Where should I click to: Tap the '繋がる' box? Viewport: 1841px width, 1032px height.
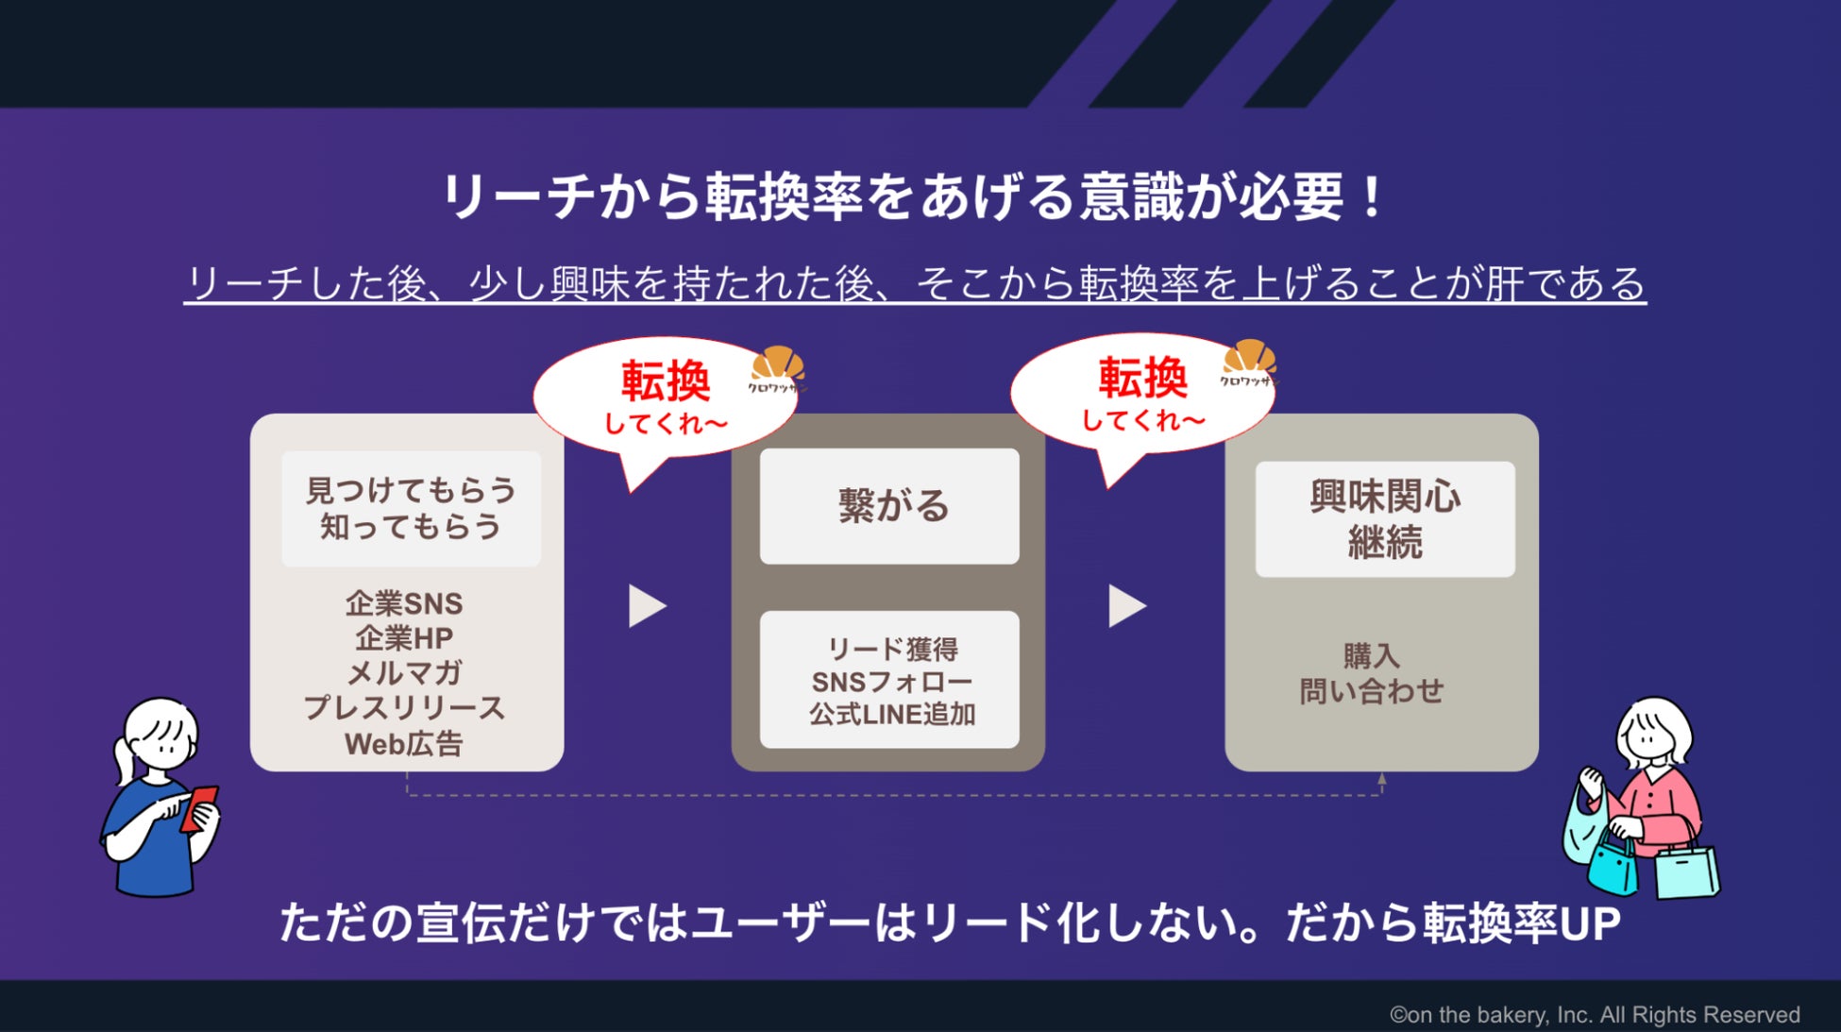(x=889, y=506)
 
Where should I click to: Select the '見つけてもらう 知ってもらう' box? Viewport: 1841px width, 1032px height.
(x=411, y=508)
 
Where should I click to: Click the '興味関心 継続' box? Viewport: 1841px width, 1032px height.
(x=1384, y=518)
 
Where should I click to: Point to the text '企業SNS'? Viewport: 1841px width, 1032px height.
(x=404, y=603)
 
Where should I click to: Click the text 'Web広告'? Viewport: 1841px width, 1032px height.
(x=404, y=744)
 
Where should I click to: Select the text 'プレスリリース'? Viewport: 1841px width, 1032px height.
(x=404, y=708)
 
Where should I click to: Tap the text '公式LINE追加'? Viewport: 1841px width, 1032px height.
(x=892, y=715)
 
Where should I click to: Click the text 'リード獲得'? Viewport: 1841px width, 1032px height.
(x=892, y=650)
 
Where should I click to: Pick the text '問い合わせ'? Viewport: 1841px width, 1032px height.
(x=1371, y=691)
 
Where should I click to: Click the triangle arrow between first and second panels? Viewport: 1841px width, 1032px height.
(x=647, y=606)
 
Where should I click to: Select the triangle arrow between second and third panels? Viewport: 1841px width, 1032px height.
(x=1125, y=606)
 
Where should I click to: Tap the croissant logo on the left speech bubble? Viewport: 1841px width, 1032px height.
(x=777, y=368)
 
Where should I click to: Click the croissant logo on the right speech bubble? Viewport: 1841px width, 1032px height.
(x=1248, y=362)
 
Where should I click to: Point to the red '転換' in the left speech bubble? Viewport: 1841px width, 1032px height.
(x=666, y=381)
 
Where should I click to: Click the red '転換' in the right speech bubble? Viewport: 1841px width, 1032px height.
(x=1142, y=378)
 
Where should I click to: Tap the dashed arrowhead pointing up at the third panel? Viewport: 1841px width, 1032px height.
(x=1381, y=780)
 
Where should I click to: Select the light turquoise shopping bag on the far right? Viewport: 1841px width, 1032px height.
(x=1687, y=870)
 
